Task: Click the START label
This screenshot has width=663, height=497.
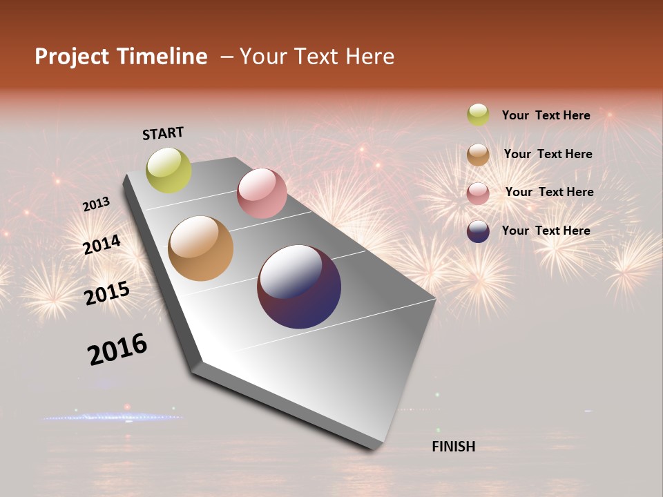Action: (163, 133)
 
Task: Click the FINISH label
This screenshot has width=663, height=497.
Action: (453, 447)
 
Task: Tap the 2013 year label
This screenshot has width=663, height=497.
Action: (96, 204)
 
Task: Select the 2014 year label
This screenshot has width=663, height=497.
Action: (102, 244)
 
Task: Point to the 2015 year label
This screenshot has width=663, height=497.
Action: (107, 293)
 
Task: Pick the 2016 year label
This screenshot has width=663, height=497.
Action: (117, 349)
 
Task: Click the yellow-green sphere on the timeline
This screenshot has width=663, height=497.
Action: (169, 170)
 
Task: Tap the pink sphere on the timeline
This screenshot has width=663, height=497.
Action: (262, 193)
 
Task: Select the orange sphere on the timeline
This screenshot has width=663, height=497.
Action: (200, 248)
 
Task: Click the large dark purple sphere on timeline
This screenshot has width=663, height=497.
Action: (299, 286)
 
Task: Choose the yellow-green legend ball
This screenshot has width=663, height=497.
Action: (478, 115)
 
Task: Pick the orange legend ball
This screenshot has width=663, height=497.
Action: (478, 154)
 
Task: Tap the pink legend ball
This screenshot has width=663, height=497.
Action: (478, 193)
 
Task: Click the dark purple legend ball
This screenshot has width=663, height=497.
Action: (478, 231)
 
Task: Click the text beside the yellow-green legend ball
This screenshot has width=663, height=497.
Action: (546, 115)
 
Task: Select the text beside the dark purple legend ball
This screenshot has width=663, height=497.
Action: (546, 231)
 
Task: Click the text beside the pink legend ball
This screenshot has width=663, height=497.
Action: (549, 192)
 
